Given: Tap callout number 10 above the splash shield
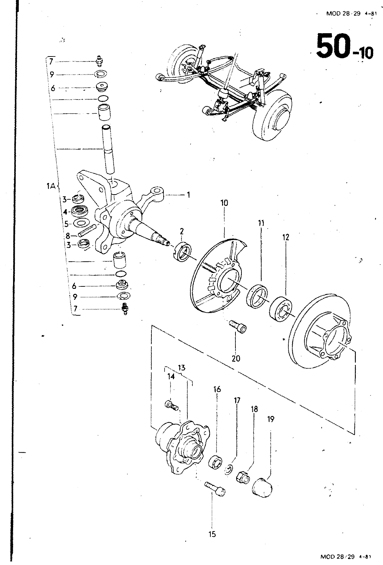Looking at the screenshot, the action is (x=224, y=203).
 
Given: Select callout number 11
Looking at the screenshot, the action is (x=261, y=223).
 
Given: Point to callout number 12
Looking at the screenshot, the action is (x=286, y=237).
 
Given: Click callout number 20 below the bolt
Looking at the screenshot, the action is (x=236, y=358).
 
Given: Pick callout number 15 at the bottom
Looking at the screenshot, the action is (x=212, y=534).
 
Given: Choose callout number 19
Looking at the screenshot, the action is (x=270, y=419).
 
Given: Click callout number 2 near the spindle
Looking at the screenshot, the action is (x=182, y=231).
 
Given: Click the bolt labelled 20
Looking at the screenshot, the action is (x=238, y=327).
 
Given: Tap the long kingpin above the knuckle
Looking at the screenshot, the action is (x=108, y=150).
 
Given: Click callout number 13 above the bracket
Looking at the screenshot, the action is (x=181, y=368).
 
